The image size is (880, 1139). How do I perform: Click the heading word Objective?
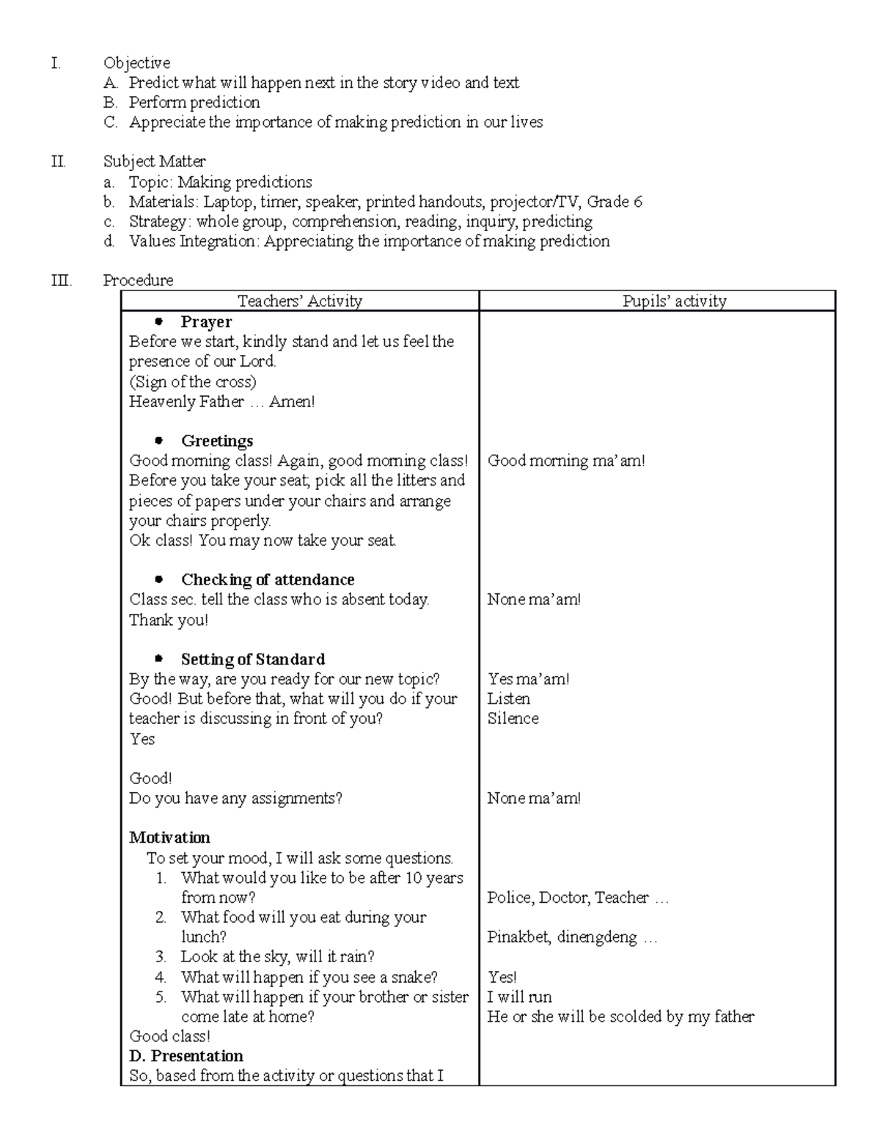tap(136, 63)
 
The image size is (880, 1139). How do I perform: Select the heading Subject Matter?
tap(154, 161)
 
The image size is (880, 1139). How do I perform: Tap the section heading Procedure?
tap(138, 280)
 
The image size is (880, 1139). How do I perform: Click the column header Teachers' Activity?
tap(299, 301)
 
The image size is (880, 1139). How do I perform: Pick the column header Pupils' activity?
tap(674, 301)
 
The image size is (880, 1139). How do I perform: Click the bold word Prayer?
tap(206, 322)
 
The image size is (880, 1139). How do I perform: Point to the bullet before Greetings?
tap(159, 441)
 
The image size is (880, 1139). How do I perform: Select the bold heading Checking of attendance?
tap(268, 579)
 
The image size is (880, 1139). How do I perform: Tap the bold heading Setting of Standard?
tap(253, 659)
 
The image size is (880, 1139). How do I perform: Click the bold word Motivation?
tap(169, 838)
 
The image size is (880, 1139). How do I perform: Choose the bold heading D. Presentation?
tap(186, 1056)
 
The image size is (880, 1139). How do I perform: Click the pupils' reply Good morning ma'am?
tap(566, 461)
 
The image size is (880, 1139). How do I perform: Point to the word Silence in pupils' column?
tap(513, 719)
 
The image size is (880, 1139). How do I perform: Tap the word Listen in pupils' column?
tap(508, 699)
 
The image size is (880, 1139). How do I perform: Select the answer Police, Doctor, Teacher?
tap(568, 898)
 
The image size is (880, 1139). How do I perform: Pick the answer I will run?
tap(519, 997)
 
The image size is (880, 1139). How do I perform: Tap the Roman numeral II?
tap(59, 161)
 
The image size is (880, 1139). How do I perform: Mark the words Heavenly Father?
tap(186, 401)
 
